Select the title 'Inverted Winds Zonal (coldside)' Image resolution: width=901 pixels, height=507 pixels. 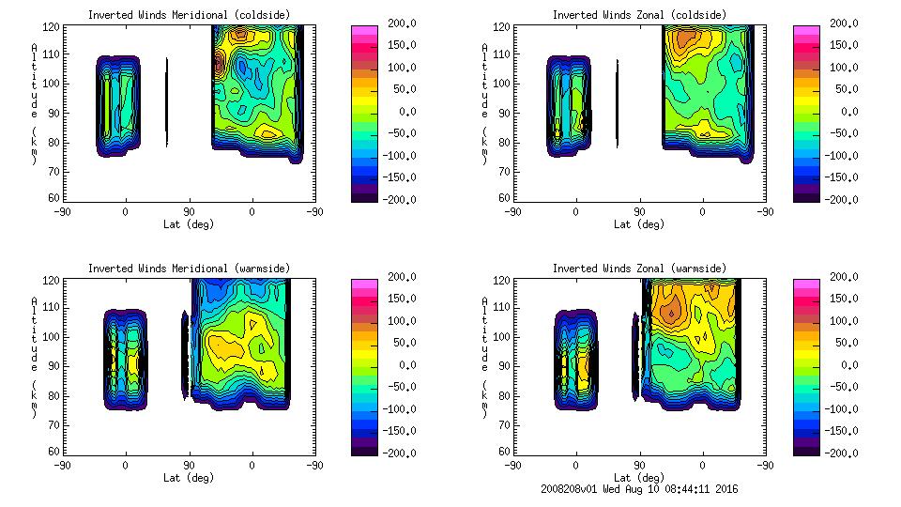[638, 15]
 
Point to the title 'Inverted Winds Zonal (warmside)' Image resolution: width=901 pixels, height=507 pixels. [638, 269]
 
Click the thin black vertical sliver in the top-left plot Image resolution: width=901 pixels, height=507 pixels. [167, 103]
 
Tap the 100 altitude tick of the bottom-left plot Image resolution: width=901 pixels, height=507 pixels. [52, 336]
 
